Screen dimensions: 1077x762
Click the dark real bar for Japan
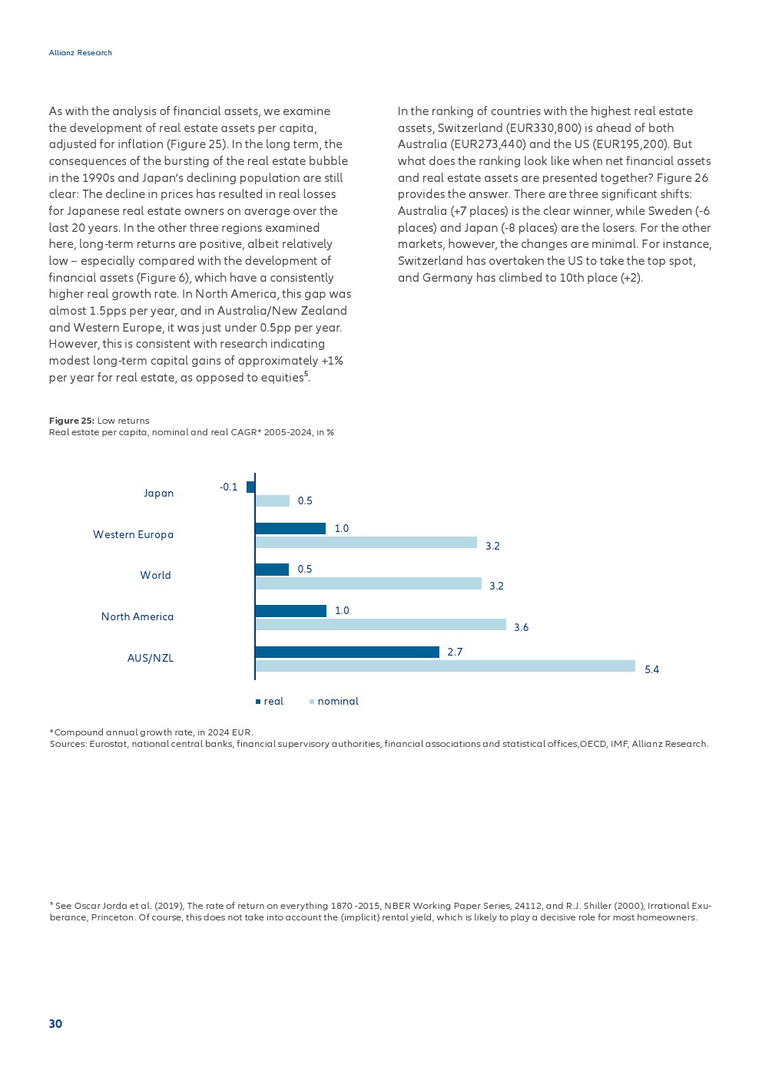(250, 487)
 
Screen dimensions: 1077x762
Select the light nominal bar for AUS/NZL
(445, 666)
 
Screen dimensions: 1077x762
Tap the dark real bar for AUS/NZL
(347, 652)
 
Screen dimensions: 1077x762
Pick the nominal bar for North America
(380, 625)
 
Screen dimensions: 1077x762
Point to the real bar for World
(272, 570)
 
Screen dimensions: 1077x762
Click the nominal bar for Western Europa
(366, 543)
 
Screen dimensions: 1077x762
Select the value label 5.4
(652, 669)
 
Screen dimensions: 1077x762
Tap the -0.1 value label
(228, 487)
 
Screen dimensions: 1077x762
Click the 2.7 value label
(455, 652)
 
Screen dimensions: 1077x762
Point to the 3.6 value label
(521, 627)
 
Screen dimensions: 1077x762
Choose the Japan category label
(158, 493)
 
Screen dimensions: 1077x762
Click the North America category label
(137, 616)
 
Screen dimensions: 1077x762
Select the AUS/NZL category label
(150, 658)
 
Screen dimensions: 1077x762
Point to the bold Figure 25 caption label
(71, 421)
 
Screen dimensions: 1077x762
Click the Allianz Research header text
(80, 53)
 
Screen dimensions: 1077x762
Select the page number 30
(55, 1024)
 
